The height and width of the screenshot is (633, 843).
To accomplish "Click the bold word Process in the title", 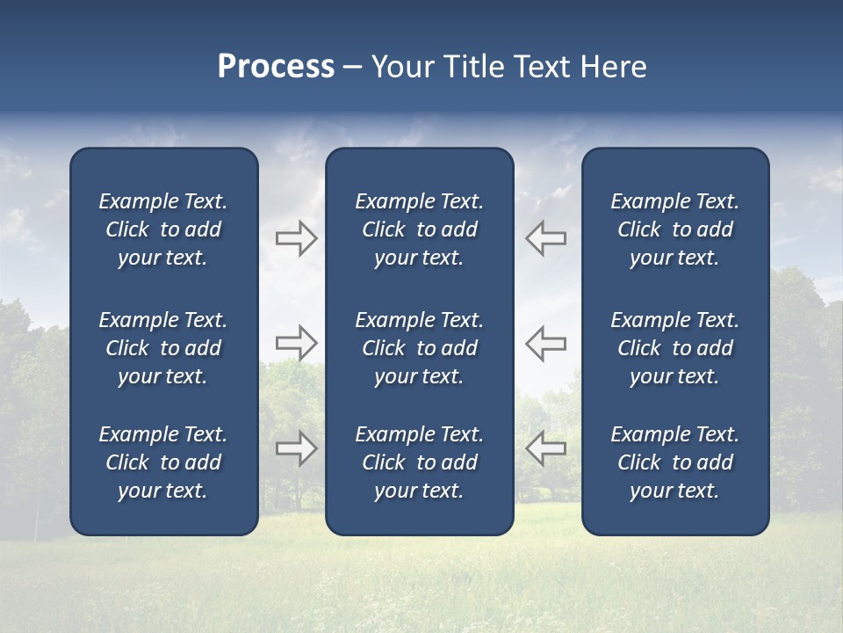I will tap(276, 67).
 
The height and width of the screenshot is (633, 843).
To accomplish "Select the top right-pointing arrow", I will tap(296, 238).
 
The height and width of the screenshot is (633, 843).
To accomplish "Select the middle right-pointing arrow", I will tap(296, 343).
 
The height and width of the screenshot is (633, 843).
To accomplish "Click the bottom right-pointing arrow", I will tap(296, 448).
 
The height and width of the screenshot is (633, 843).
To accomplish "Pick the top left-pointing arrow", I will tap(545, 238).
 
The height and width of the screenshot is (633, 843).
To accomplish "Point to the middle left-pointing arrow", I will tap(545, 343).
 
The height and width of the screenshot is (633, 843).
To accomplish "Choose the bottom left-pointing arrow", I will tap(545, 448).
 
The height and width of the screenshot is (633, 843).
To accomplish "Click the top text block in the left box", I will tap(163, 229).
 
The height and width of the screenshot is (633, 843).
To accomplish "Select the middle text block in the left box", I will tap(163, 348).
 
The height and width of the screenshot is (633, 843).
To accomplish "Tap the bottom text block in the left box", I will tap(163, 462).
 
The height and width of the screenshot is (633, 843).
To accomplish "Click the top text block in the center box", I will tap(419, 229).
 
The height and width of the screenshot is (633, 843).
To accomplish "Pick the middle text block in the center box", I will tap(419, 348).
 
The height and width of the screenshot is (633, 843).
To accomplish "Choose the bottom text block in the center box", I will tap(419, 462).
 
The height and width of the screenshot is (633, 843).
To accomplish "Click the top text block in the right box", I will tap(674, 229).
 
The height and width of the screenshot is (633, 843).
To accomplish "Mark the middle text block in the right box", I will tap(674, 348).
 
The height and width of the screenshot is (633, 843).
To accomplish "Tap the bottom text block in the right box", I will tap(674, 462).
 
